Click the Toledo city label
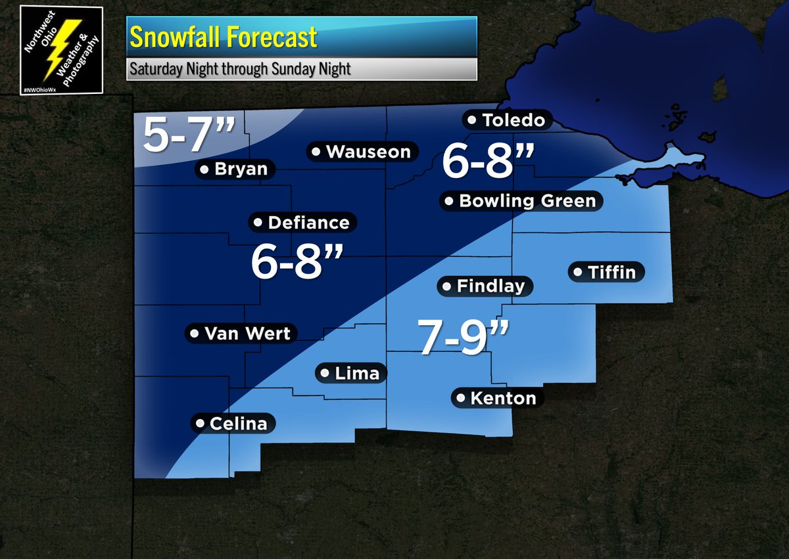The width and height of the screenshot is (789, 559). coord(505,120)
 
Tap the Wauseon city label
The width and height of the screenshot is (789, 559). coord(362,152)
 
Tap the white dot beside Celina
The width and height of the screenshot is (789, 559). coord(199,424)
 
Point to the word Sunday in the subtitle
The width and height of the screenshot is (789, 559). coord(280,69)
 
